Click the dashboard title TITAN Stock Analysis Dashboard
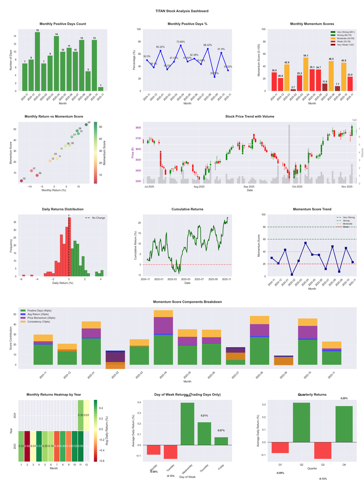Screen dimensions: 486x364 (182, 11)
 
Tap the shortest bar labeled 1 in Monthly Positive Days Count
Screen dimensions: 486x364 (101, 89)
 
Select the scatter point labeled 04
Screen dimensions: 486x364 (86, 124)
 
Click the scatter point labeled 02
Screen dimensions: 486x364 (21, 181)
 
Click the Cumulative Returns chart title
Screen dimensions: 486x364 (187, 209)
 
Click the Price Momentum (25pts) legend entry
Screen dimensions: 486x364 (41, 318)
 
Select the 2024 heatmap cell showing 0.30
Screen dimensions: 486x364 (81, 415)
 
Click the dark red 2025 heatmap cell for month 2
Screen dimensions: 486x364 (28, 446)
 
